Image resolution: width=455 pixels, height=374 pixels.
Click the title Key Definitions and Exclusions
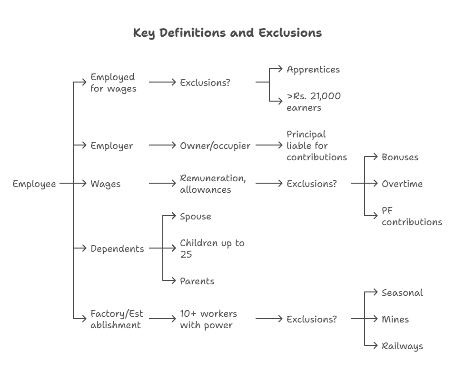pos(227,33)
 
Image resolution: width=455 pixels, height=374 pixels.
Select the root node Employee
pos(34,184)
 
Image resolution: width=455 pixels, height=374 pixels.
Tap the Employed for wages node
pos(113,83)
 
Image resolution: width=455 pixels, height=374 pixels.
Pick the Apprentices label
pos(313,70)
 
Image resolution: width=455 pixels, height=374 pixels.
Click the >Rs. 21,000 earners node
pos(314,102)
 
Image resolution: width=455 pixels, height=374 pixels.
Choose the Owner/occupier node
pos(215,146)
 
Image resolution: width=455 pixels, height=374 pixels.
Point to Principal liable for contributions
pos(317,145)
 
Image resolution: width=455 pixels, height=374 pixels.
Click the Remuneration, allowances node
pos(213,184)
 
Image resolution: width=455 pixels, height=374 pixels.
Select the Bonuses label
pos(400,157)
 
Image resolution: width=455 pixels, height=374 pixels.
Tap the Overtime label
pos(402,184)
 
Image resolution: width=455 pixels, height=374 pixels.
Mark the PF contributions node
pos(411,216)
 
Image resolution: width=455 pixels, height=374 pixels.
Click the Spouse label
pos(195,217)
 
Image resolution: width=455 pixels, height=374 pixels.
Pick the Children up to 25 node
pos(212,249)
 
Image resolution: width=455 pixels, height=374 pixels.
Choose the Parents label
pos(197,281)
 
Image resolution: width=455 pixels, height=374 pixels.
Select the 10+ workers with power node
pos(208,320)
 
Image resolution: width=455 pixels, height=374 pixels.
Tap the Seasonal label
pos(402,293)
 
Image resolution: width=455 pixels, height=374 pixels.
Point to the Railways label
pos(402,346)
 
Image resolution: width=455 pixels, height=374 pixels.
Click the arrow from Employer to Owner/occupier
pos(162,145)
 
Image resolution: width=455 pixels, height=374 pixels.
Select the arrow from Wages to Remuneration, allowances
pos(162,184)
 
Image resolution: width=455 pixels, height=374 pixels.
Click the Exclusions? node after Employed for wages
pos(205,83)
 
